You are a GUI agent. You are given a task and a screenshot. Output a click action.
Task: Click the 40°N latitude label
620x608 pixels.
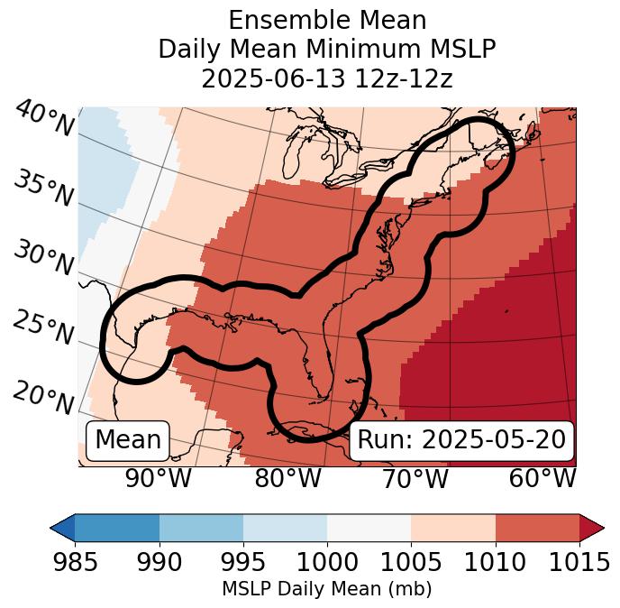pyautogui.click(x=44, y=120)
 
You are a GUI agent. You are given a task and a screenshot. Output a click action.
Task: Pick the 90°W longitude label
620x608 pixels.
pyautogui.click(x=159, y=479)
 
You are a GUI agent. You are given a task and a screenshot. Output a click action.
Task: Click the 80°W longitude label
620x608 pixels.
pyautogui.click(x=287, y=479)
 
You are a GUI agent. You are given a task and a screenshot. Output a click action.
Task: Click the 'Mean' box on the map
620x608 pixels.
pyautogui.click(x=128, y=440)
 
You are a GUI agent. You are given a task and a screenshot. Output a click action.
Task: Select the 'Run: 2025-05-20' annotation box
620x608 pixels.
pyautogui.click(x=461, y=440)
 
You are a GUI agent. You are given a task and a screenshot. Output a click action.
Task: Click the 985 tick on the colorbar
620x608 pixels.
pyautogui.click(x=75, y=562)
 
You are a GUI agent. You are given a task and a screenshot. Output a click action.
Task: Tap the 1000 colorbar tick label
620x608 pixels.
pyautogui.click(x=327, y=562)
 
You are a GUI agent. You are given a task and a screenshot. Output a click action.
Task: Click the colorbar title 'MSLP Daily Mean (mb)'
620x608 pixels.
pyautogui.click(x=326, y=589)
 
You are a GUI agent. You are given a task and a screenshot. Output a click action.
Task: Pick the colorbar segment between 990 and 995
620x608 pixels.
pyautogui.click(x=201, y=527)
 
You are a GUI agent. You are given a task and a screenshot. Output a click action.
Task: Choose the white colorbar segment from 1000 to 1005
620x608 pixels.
pyautogui.click(x=369, y=527)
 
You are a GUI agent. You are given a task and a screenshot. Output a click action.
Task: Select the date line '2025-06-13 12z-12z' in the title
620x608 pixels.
pyautogui.click(x=326, y=78)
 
